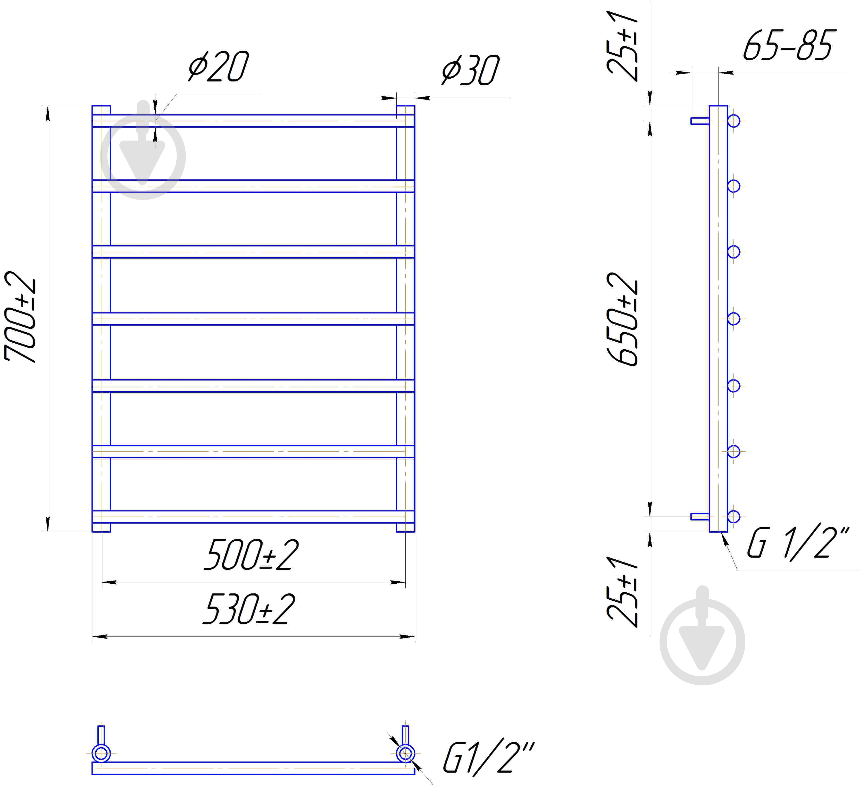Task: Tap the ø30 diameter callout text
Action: [470, 70]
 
